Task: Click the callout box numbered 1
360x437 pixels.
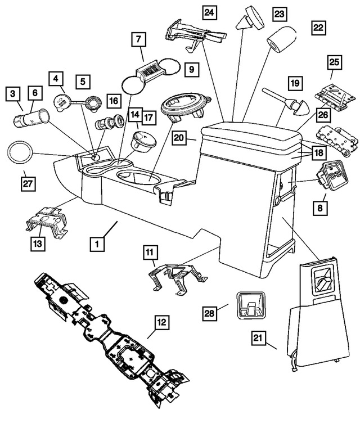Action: (x=97, y=244)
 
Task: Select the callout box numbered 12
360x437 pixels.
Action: (x=161, y=322)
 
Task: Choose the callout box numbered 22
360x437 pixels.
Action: (x=318, y=27)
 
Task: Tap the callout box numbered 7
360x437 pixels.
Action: (x=138, y=39)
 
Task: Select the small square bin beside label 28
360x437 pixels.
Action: (x=249, y=306)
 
